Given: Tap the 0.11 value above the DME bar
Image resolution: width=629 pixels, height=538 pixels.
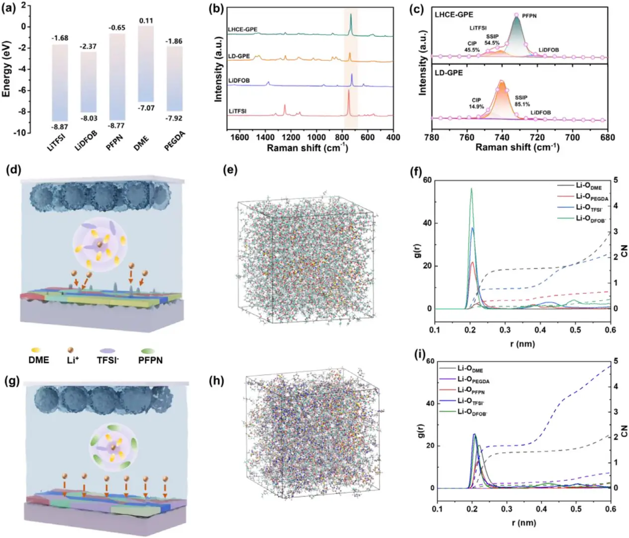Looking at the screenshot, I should pos(146,20).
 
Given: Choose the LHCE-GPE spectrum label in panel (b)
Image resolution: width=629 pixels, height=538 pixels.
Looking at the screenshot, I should pos(242,30).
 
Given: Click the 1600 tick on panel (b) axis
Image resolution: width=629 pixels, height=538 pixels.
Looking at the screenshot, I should pos(239,137).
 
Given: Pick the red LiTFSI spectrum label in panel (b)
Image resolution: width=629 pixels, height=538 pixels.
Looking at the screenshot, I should pos(237,111).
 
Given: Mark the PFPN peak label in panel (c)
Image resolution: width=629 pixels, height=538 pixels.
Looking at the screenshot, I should pos(529,16).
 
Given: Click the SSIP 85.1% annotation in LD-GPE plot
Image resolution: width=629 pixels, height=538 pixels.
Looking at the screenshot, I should pos(522,101).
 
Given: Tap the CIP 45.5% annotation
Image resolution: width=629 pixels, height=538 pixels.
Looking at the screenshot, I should pos(472,47).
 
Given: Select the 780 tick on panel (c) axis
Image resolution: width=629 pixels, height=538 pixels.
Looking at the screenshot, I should pos(432,137).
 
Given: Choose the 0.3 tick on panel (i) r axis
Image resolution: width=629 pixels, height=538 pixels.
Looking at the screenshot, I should pos(507,509).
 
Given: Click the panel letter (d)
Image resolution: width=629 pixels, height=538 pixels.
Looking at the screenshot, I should pos(13,171).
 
